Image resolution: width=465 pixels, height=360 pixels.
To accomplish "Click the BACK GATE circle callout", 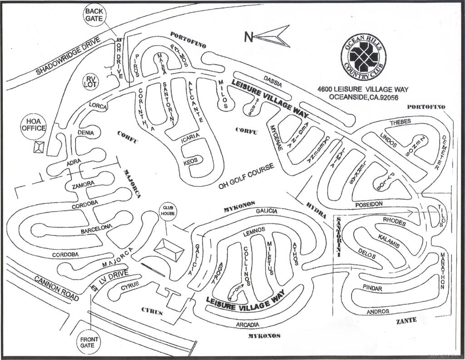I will pos(94,15).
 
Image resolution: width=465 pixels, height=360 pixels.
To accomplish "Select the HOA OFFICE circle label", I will pos(33,125).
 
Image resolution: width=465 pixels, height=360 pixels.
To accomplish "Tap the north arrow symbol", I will pos(268,36).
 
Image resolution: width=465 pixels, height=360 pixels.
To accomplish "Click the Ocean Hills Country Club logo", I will pos(363,56).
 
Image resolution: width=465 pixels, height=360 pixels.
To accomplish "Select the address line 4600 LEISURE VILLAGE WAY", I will pos(363,89).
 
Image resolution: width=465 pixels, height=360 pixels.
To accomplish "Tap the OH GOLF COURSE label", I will pos(247,176).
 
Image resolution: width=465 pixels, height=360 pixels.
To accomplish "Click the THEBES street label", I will pos(400,122).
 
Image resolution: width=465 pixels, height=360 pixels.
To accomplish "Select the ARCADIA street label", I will pos(248,325).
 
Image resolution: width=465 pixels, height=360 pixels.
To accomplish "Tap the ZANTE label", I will pos(406,320).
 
